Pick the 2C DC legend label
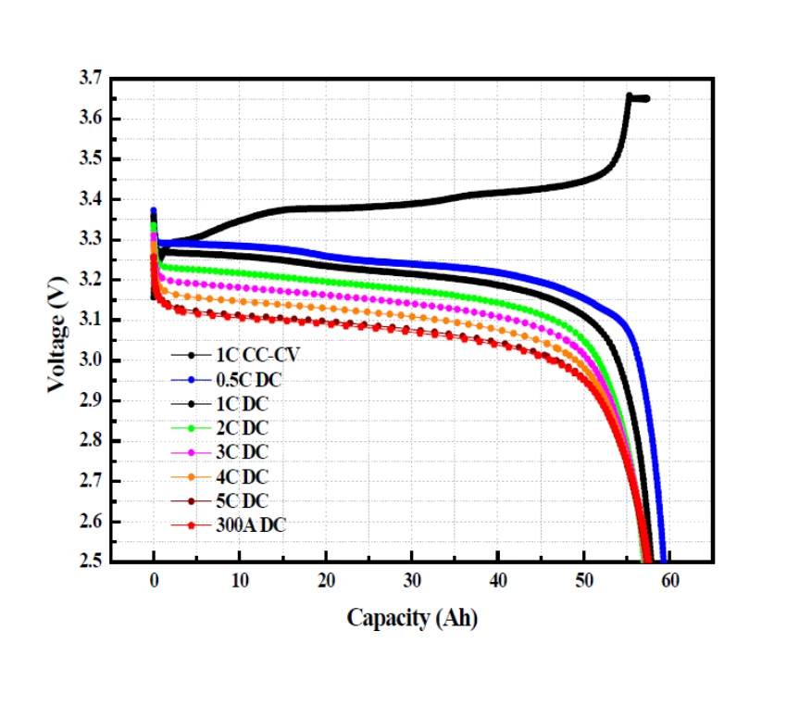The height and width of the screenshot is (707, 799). pyautogui.click(x=244, y=428)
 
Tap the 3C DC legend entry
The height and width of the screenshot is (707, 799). pyautogui.click(x=244, y=452)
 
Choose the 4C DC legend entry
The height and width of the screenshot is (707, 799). pyautogui.click(x=244, y=477)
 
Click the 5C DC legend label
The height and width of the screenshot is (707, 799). pyautogui.click(x=244, y=501)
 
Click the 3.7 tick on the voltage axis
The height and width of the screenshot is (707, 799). pyautogui.click(x=91, y=79)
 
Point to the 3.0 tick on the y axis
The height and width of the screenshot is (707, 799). pyautogui.click(x=91, y=360)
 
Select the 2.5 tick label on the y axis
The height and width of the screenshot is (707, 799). pyautogui.click(x=91, y=562)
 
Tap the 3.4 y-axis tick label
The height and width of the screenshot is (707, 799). pyautogui.click(x=91, y=199)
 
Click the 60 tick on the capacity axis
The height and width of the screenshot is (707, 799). pyautogui.click(x=670, y=582)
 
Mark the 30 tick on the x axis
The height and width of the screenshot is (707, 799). pyautogui.click(x=412, y=582)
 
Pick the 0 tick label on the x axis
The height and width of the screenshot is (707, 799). pyautogui.click(x=154, y=582)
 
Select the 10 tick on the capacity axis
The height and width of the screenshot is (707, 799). pyautogui.click(x=240, y=582)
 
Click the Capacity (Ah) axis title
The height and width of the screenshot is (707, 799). pyautogui.click(x=412, y=618)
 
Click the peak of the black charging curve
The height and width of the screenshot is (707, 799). pyautogui.click(x=630, y=95)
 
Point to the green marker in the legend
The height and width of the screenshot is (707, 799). pyautogui.click(x=191, y=428)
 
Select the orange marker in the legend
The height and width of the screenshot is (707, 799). pyautogui.click(x=191, y=477)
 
